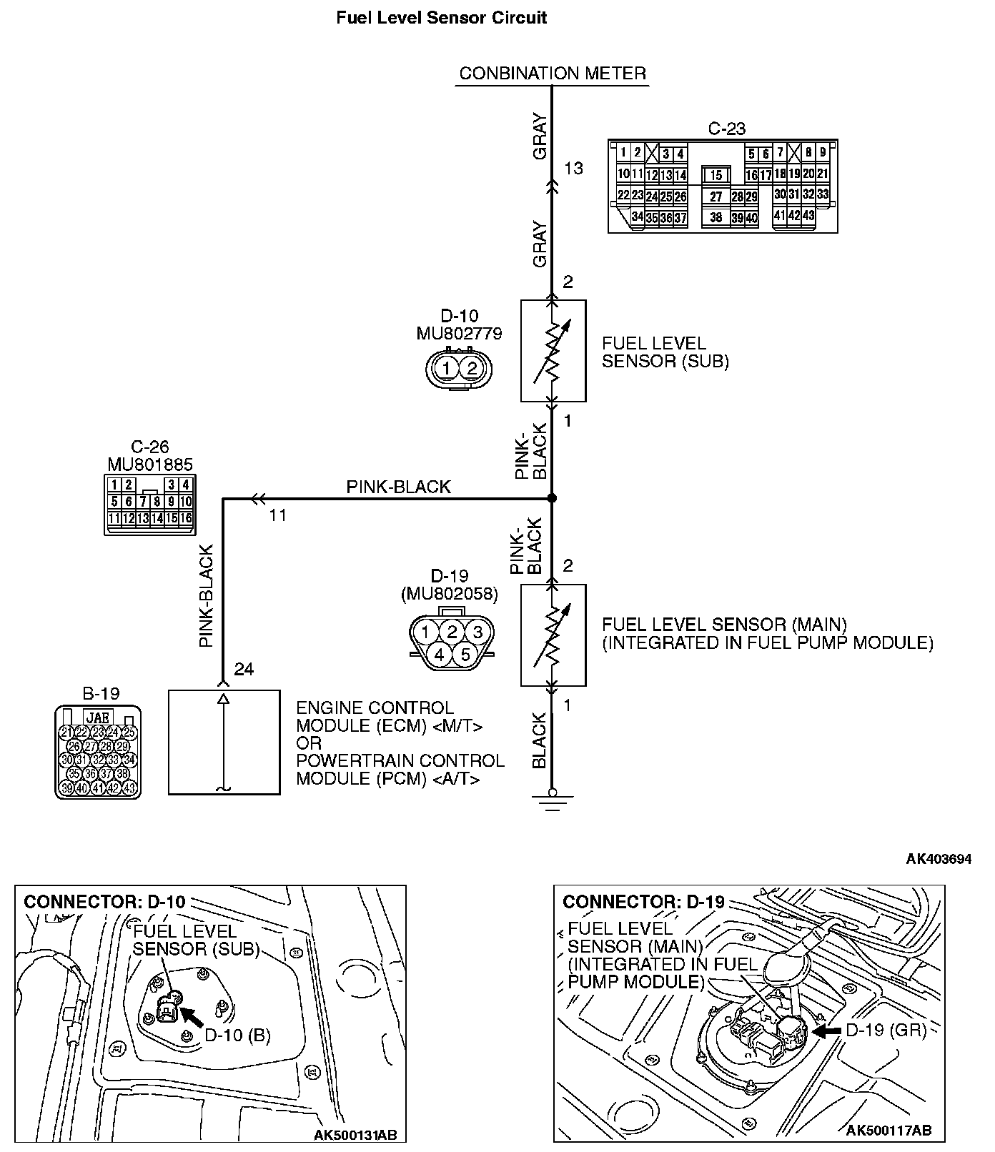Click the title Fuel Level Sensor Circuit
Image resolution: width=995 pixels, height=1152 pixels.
(441, 18)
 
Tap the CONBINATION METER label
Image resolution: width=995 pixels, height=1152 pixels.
(552, 73)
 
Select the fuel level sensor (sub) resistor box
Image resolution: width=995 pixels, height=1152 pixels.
(553, 350)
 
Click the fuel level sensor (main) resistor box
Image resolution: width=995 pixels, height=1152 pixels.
(553, 635)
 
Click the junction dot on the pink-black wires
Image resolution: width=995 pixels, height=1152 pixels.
(552, 498)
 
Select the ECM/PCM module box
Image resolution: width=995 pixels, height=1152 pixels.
(224, 742)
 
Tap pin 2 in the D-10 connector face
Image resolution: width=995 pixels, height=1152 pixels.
(471, 369)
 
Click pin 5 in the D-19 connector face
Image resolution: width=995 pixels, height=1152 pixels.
(465, 654)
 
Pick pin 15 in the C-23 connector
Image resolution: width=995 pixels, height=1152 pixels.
(716, 175)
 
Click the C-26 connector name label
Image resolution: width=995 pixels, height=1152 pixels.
(149, 447)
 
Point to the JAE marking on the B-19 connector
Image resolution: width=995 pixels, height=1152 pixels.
(97, 717)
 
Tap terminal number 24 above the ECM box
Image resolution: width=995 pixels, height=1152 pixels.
(244, 669)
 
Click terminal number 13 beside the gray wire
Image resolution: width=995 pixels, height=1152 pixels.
(573, 168)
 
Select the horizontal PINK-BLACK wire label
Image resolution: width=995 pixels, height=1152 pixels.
(398, 487)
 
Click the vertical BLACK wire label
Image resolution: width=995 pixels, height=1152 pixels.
(539, 741)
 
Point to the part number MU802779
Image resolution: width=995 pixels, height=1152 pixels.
(459, 333)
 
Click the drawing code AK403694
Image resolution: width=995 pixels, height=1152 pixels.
(939, 859)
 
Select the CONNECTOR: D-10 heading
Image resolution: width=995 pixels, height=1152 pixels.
(104, 901)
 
